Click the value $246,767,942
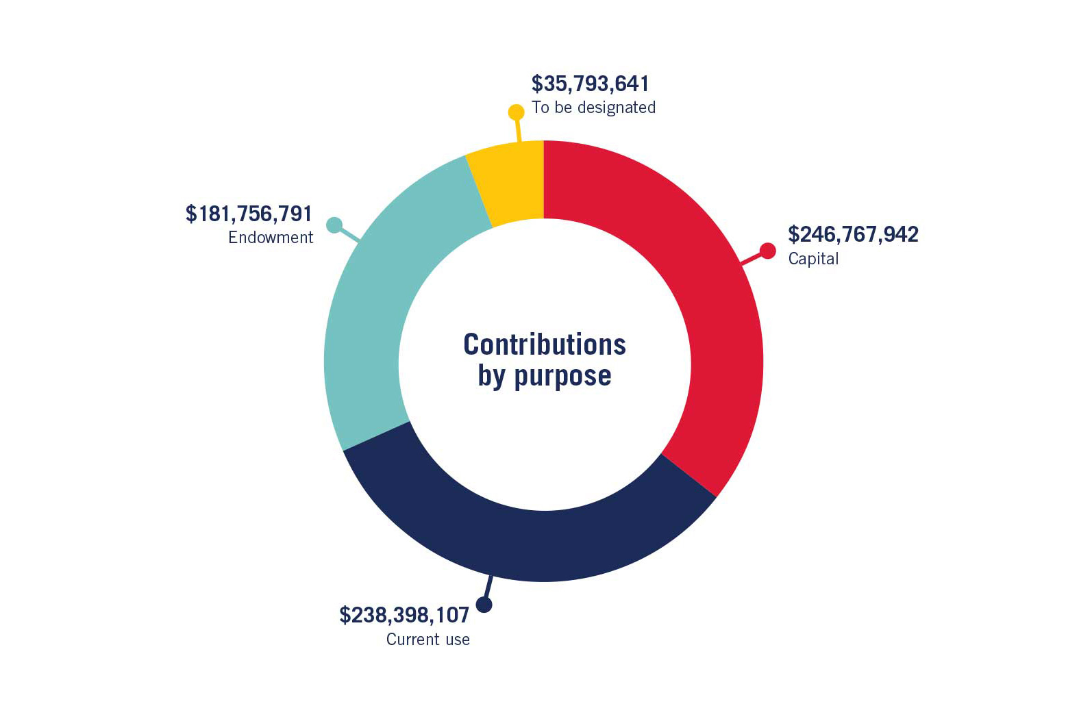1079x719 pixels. coord(853,234)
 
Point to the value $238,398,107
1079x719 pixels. coord(404,615)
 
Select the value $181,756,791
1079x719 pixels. coord(249,214)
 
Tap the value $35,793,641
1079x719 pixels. coord(590,84)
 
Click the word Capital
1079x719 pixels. coord(813,259)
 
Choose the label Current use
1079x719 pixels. coord(428,640)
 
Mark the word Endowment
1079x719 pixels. coord(271,238)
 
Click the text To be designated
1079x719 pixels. coord(593,108)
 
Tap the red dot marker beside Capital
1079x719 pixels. coord(768,251)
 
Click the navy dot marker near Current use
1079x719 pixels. coord(484,605)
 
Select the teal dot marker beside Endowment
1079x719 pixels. coord(334,225)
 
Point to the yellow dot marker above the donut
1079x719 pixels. coord(516,112)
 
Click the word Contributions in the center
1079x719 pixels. coord(545,344)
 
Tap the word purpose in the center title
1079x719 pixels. coord(562,376)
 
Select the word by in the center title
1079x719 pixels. coord(491,376)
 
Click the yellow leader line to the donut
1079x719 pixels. coord(518,130)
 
